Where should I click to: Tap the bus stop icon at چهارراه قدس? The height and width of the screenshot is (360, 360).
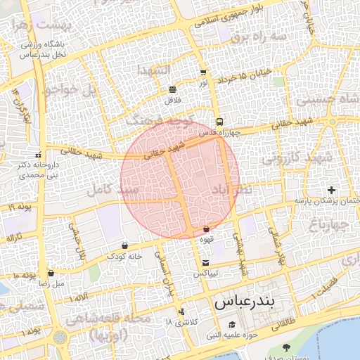220,121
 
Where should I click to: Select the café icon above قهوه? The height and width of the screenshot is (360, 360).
206,229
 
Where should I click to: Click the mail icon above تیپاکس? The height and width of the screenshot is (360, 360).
205,263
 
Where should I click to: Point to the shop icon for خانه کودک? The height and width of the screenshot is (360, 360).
124,245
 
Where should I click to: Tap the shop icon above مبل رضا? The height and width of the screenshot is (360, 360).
51,273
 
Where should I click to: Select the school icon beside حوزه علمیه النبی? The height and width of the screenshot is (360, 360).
231,325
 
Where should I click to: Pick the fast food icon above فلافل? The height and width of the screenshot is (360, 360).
173,89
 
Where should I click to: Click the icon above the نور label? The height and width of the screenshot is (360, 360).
203,72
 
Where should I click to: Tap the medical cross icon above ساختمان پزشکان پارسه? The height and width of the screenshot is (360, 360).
331,190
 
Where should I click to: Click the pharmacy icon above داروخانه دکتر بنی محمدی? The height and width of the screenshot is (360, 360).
37,155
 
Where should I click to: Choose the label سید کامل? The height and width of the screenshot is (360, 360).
110,189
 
